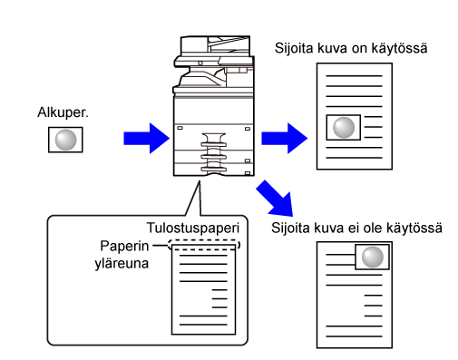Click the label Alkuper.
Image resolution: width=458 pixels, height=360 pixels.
(x=63, y=112)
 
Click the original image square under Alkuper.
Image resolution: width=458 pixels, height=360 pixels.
(x=65, y=140)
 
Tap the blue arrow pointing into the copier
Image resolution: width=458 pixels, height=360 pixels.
(x=147, y=139)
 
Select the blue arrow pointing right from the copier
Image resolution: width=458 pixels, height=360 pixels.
(x=285, y=139)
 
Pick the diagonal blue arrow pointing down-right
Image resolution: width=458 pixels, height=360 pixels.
(x=276, y=199)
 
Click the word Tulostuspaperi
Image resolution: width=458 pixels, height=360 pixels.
(x=193, y=228)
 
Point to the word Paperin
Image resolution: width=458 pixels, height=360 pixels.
(x=124, y=246)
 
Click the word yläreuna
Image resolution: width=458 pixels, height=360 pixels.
(x=122, y=263)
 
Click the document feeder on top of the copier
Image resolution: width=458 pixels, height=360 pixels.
(x=215, y=45)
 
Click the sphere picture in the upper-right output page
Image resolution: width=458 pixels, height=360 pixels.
(x=344, y=127)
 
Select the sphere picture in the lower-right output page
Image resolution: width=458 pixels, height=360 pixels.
(x=372, y=257)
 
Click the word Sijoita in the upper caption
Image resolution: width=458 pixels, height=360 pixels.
(x=294, y=49)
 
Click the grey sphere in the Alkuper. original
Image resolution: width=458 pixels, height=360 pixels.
(x=65, y=140)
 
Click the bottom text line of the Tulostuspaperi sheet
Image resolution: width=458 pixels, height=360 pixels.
(x=203, y=325)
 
